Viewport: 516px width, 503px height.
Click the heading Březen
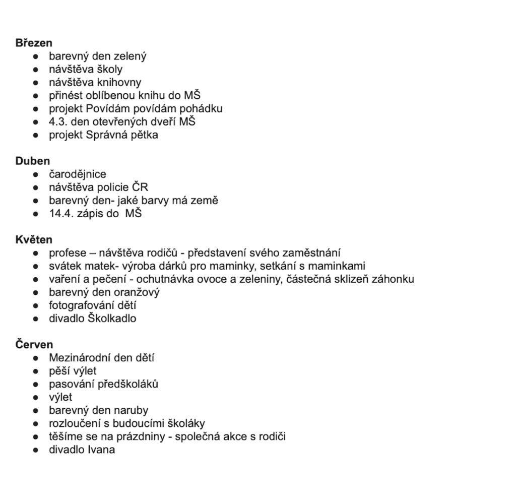coord(34,43)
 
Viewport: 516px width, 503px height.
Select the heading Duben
coord(33,161)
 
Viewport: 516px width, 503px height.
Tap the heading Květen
coord(34,240)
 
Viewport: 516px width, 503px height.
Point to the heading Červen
coord(34,345)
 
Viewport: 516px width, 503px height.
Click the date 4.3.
coord(58,122)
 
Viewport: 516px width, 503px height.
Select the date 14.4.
coord(61,214)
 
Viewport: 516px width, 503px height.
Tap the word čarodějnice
coord(78,174)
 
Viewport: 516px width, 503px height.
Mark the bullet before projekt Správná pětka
coord(36,135)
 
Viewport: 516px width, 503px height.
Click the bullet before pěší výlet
coord(36,371)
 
